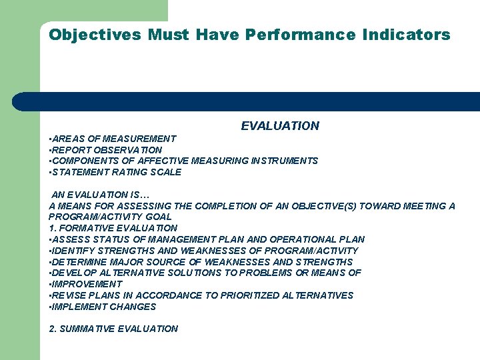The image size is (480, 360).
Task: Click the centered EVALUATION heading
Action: click(280, 126)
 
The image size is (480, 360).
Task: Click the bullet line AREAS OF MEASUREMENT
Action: click(113, 139)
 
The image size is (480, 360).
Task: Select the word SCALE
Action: click(167, 172)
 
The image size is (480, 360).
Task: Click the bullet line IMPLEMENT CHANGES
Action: click(103, 307)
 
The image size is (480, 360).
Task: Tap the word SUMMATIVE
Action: click(89, 329)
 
